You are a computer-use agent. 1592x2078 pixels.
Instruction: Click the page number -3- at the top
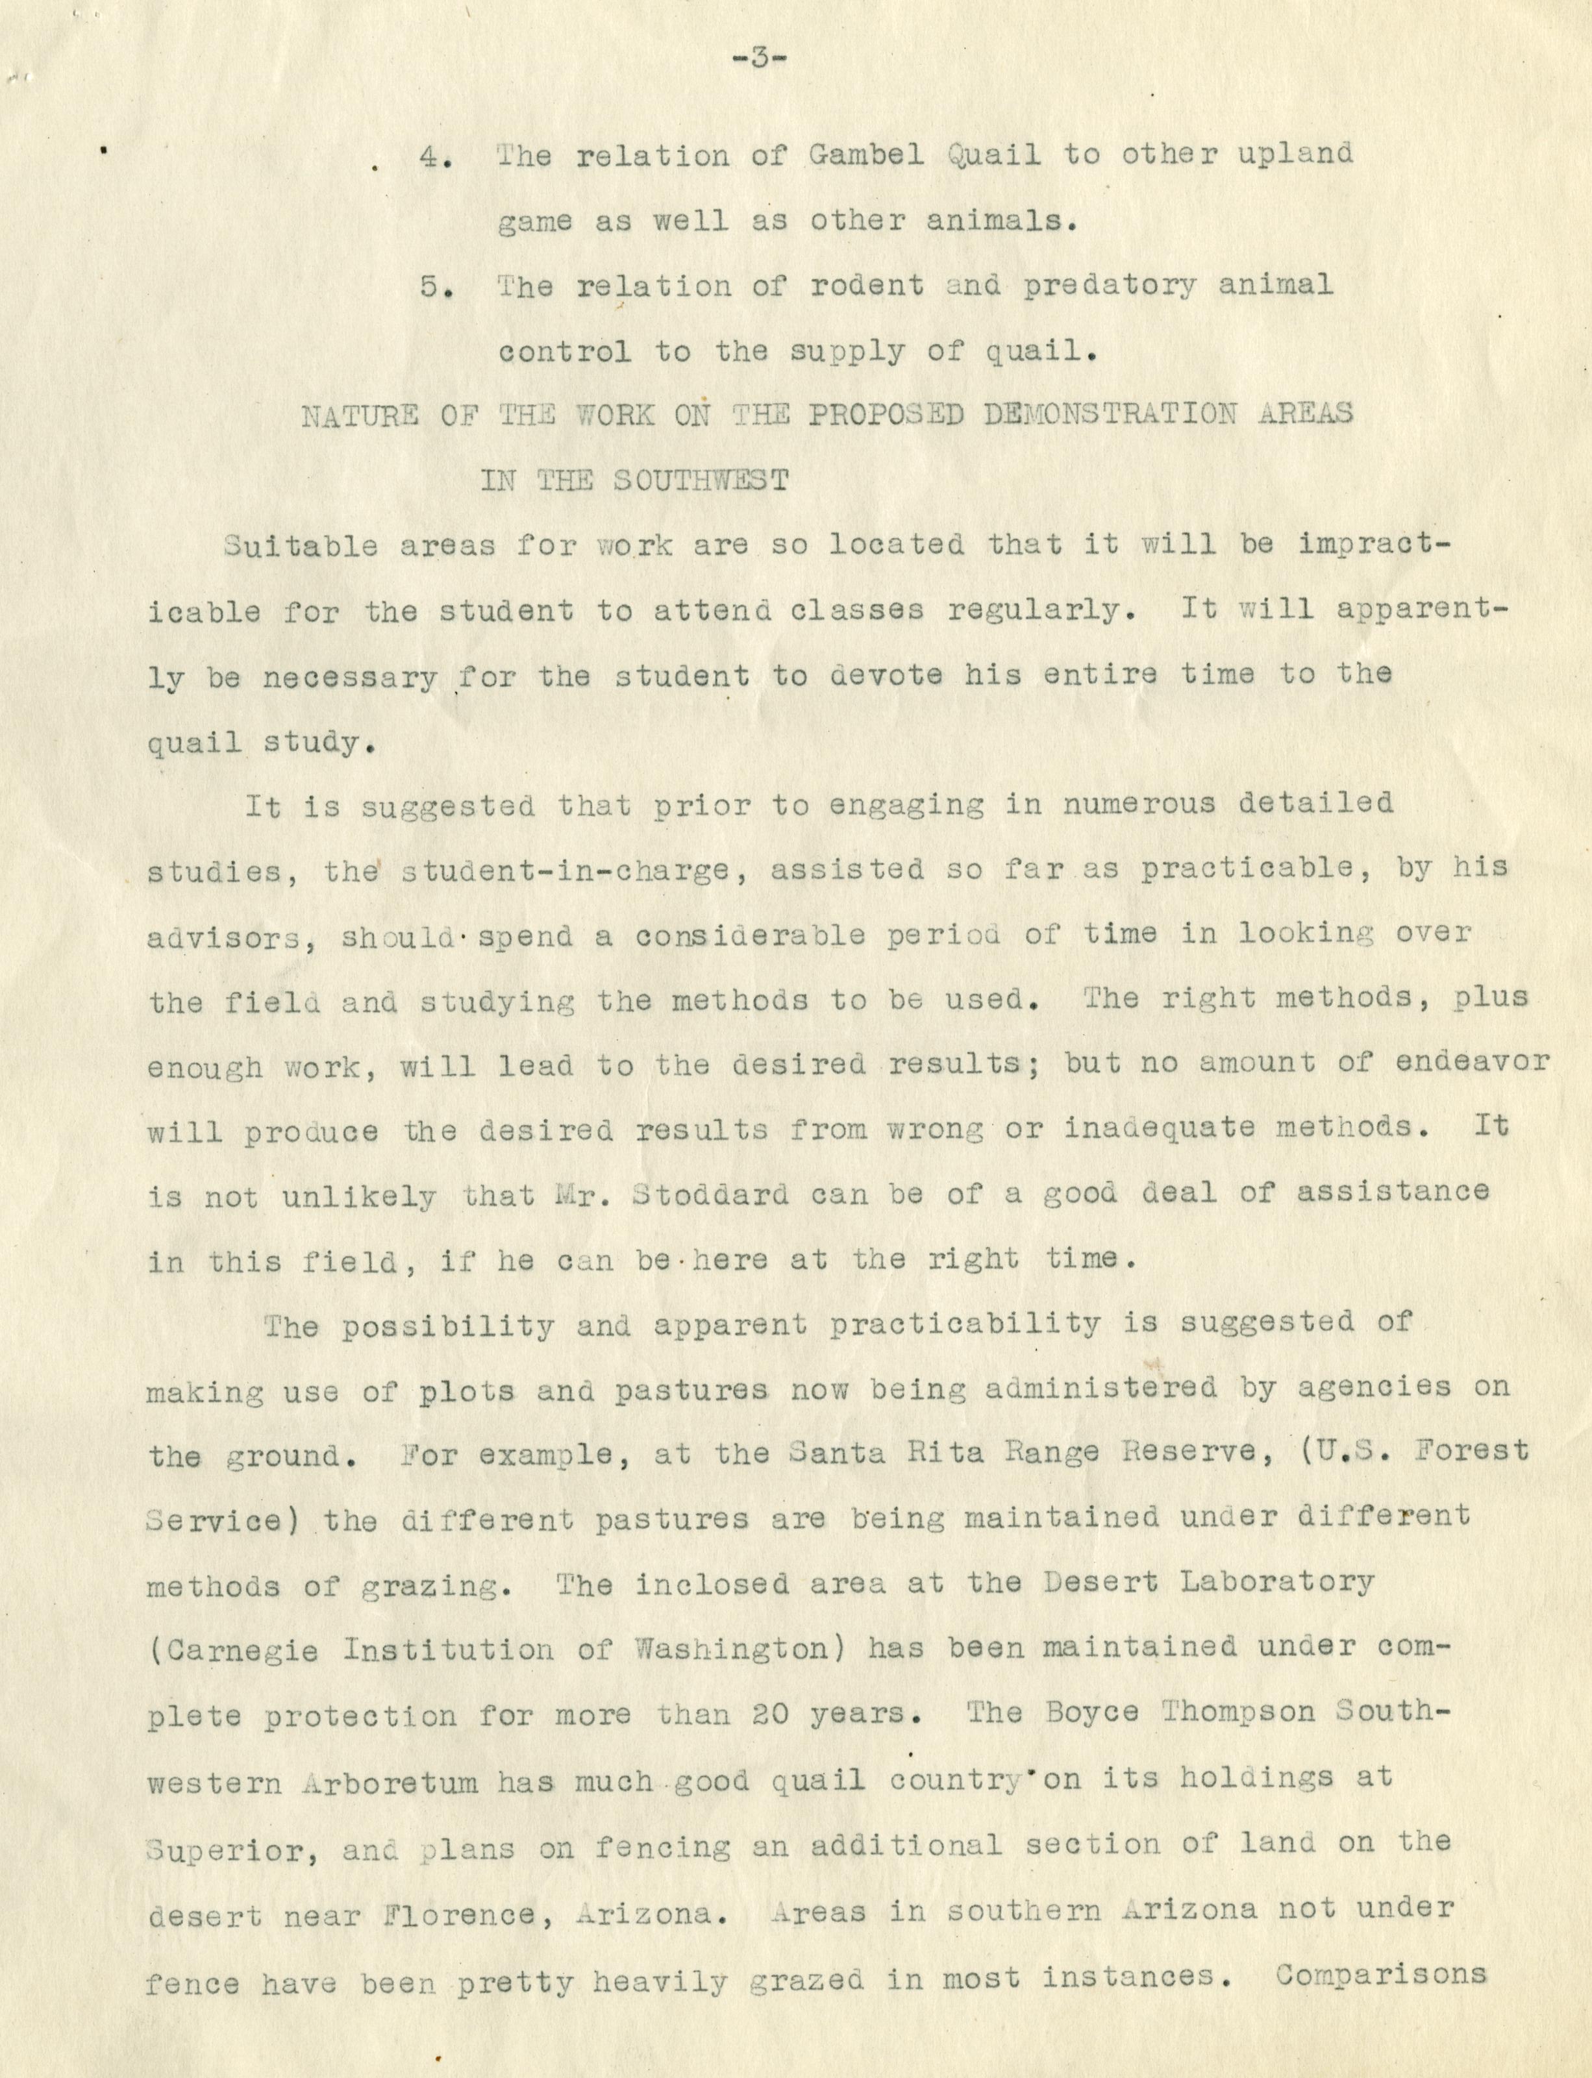point(761,58)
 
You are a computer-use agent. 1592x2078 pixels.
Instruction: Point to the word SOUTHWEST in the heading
point(699,480)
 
